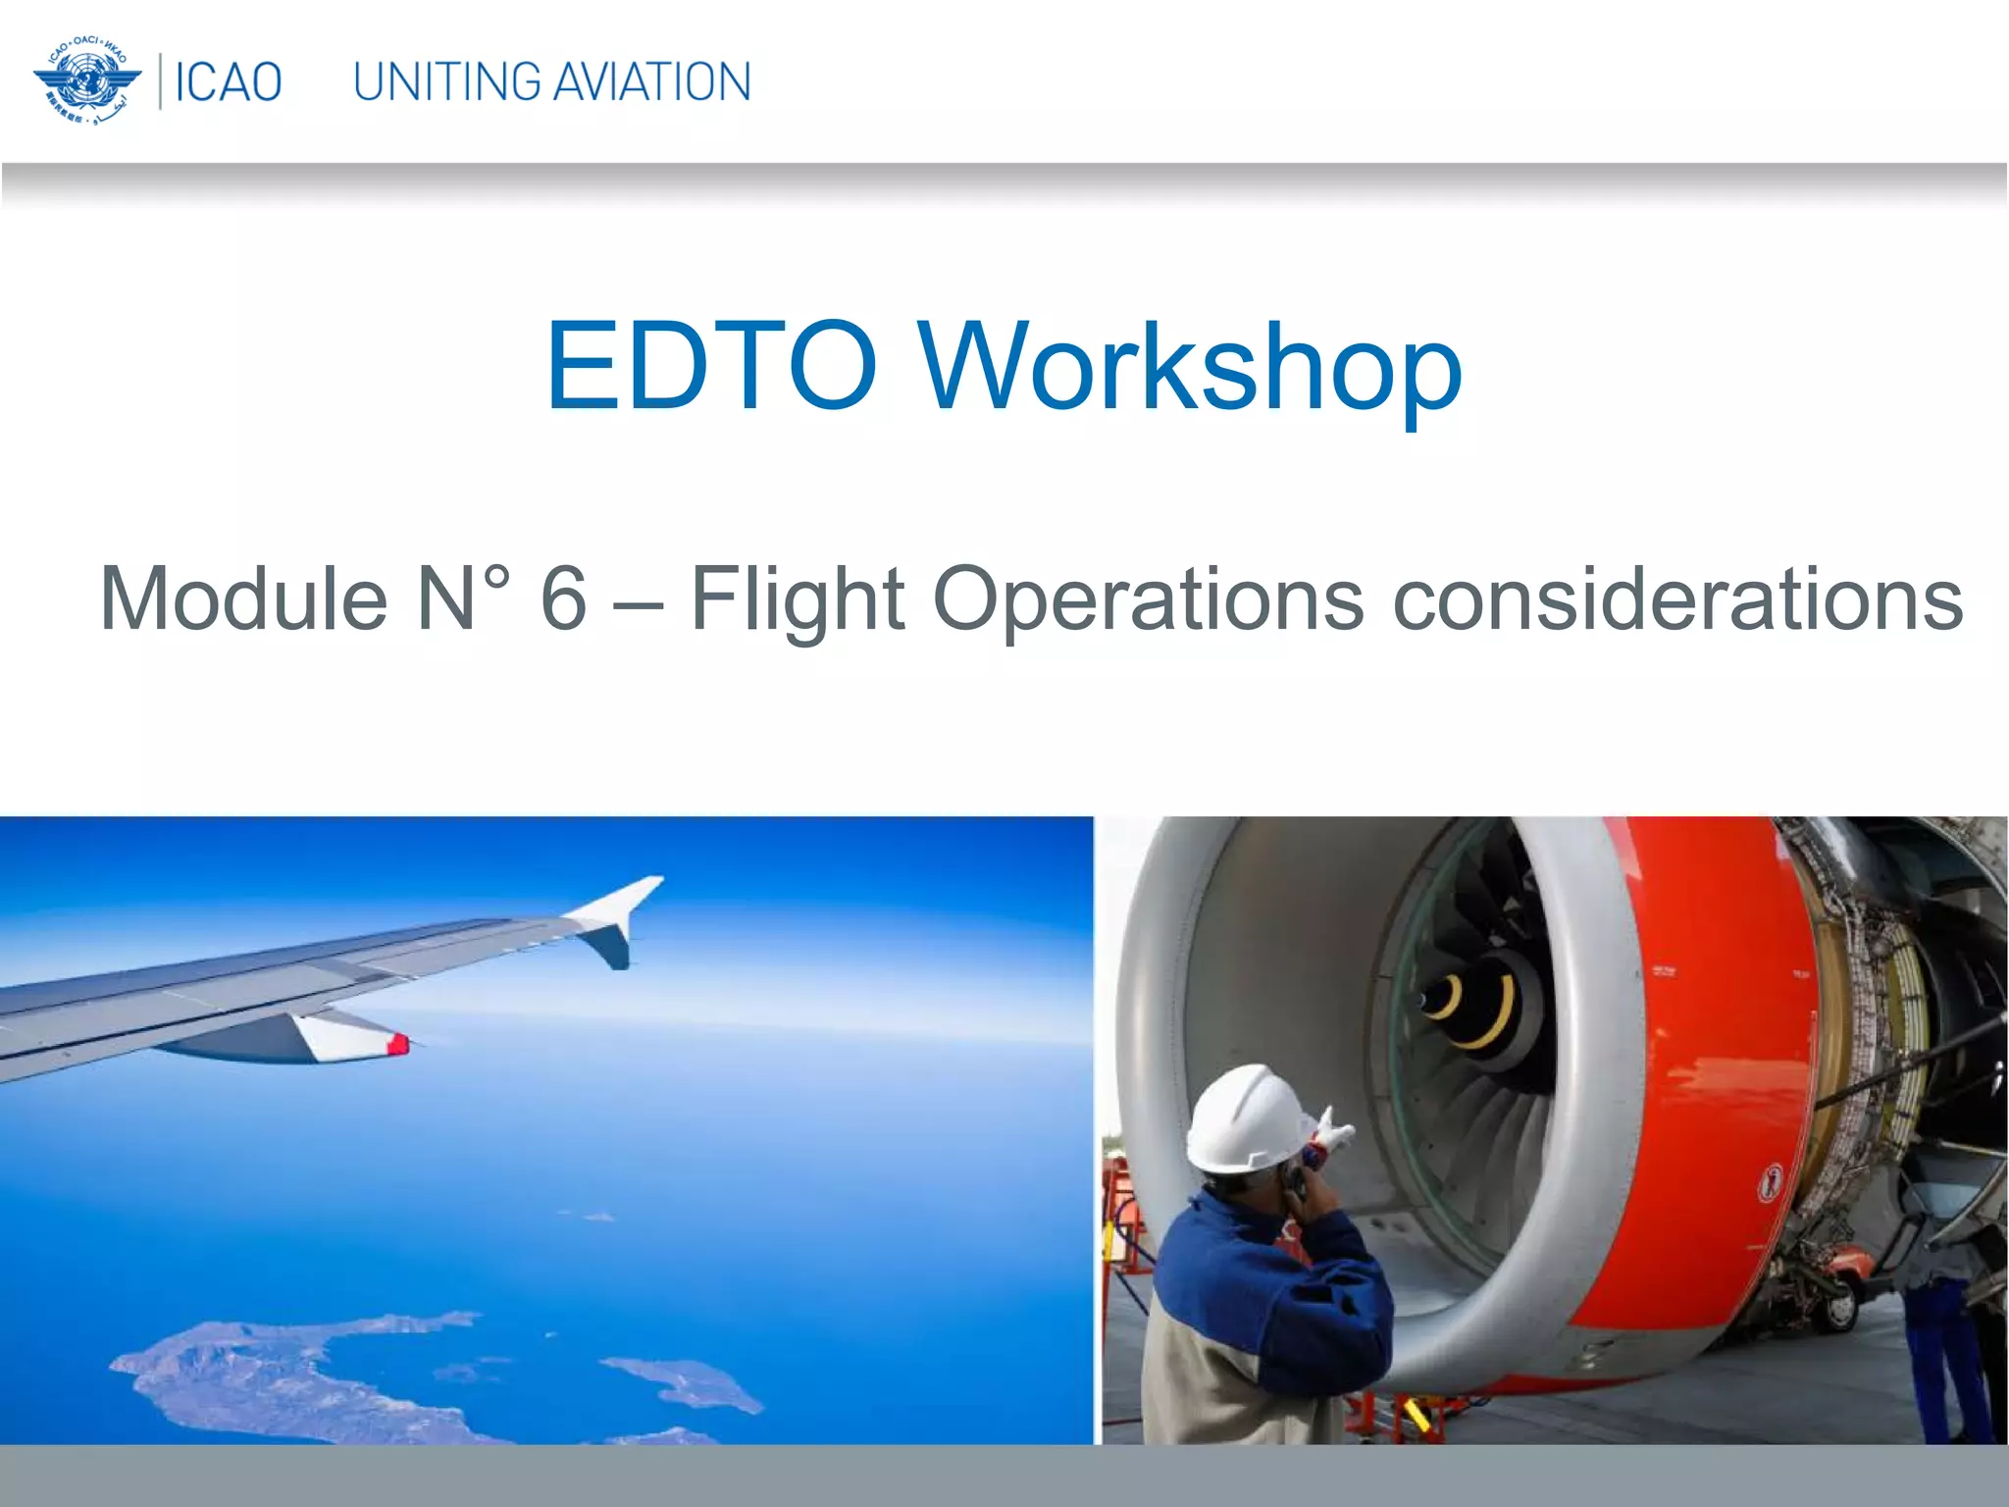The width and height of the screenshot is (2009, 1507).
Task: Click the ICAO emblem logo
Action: [86, 81]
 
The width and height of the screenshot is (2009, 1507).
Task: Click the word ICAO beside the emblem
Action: [228, 81]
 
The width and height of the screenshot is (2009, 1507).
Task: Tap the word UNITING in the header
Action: [443, 81]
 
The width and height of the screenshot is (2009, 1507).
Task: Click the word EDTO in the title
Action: [710, 366]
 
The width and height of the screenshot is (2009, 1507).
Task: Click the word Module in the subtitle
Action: [243, 598]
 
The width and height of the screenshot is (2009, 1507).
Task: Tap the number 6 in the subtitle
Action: [563, 598]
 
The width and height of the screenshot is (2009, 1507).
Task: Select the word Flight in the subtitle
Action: [797, 600]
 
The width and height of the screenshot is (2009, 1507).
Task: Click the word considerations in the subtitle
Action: [1677, 598]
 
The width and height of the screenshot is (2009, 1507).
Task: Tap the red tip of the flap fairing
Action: [397, 1044]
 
